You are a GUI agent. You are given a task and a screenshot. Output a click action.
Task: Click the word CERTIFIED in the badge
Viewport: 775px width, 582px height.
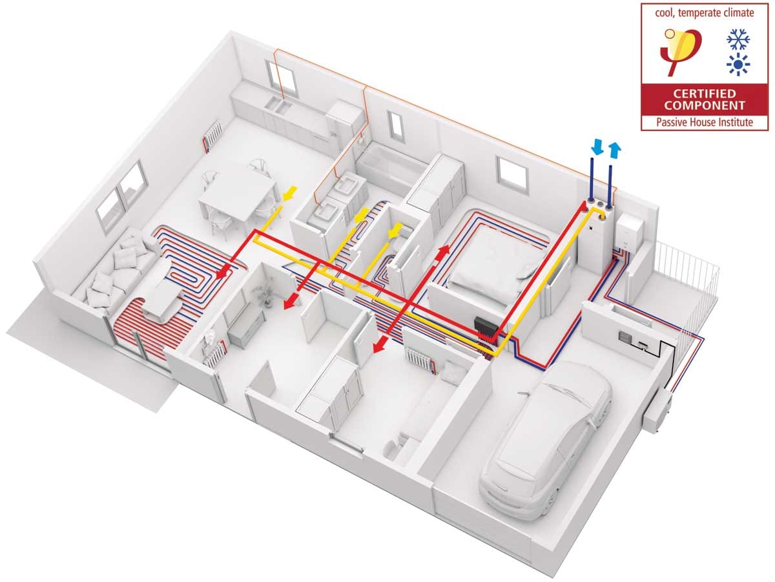point(704,94)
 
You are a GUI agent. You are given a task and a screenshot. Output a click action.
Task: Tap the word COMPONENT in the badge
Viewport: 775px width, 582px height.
point(704,105)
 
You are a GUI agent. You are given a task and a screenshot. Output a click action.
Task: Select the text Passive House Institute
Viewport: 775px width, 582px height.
point(705,122)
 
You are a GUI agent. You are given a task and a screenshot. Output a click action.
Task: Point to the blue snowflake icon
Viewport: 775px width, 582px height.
point(738,39)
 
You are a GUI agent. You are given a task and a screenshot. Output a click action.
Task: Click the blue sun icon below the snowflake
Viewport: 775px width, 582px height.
point(738,65)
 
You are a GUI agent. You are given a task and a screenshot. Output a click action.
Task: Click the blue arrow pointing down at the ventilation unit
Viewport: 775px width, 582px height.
point(597,147)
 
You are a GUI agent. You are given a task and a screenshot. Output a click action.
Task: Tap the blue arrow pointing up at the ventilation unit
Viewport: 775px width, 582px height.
point(615,149)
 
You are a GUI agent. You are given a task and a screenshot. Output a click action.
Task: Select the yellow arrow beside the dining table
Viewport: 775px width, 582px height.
point(289,194)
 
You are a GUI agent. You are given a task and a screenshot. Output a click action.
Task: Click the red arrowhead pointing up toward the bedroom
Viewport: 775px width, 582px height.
point(444,251)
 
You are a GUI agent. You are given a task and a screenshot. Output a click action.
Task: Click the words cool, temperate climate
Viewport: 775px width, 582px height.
point(705,13)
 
